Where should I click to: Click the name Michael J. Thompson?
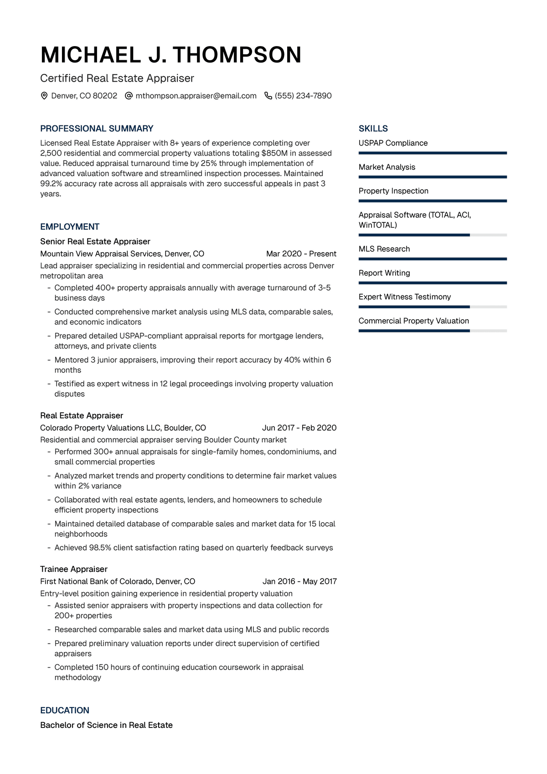coord(171,55)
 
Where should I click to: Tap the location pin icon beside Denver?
coord(44,96)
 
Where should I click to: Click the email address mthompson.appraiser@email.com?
coord(196,96)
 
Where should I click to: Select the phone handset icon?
coord(268,96)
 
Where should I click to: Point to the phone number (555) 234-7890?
coord(303,96)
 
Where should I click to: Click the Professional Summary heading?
coord(97,129)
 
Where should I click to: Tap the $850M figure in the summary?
coord(274,153)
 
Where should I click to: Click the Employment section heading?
coord(70,227)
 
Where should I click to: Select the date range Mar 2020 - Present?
coord(301,254)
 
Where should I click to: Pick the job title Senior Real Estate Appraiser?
coord(95,241)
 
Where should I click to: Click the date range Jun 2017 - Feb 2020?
coord(299,428)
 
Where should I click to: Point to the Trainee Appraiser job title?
coord(74,569)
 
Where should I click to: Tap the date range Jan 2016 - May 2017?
coord(299,582)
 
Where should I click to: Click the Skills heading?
coord(373,129)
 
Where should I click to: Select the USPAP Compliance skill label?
coord(393,143)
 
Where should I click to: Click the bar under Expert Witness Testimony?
coord(433,307)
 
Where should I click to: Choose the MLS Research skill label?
coord(384,249)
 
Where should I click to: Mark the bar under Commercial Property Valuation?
coord(433,331)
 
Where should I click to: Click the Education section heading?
coord(65,710)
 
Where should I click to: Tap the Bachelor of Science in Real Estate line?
coord(106,725)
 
